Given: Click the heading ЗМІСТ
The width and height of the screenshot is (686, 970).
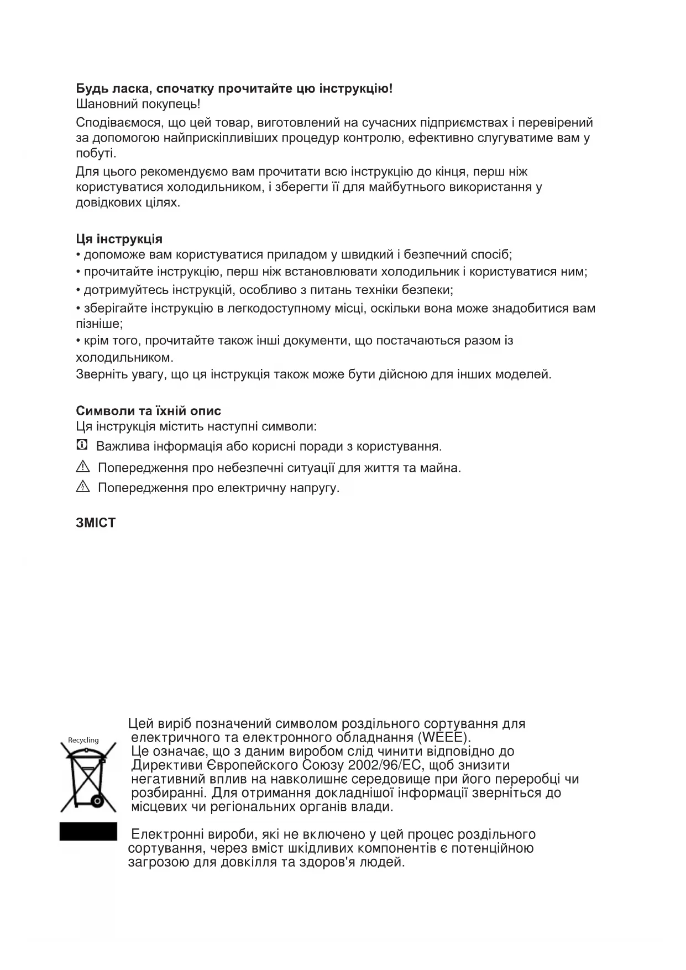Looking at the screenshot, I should (x=96, y=523).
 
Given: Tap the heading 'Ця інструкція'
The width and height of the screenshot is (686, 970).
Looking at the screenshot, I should (x=119, y=239).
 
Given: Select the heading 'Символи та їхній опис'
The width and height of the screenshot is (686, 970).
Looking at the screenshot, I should (x=148, y=411).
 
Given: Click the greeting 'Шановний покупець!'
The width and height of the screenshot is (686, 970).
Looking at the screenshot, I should (x=138, y=104).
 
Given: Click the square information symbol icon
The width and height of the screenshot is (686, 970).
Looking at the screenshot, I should (x=82, y=445).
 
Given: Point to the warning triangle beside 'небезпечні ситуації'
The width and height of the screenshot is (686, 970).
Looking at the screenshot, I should (x=82, y=467).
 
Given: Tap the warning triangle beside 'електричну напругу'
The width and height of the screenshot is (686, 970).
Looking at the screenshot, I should (x=82, y=487).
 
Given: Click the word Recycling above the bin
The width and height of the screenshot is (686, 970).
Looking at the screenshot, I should (x=83, y=740).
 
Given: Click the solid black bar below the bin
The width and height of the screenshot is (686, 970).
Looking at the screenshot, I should (x=88, y=831).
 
